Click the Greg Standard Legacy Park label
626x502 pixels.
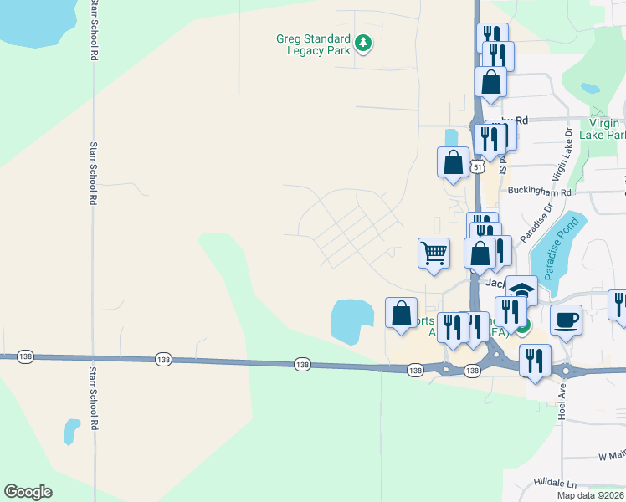pyautogui.click(x=315, y=45)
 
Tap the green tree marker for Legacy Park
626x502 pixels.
pyautogui.click(x=363, y=42)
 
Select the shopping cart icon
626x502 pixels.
pyautogui.click(x=434, y=252)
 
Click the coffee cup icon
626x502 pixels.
pyautogui.click(x=566, y=320)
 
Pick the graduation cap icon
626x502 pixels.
pyautogui.click(x=521, y=291)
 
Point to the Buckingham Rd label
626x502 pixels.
pyautogui.click(x=539, y=192)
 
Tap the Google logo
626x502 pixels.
pyautogui.click(x=28, y=492)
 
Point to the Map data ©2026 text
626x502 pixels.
pyautogui.click(x=590, y=495)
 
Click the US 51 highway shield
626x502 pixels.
pyautogui.click(x=475, y=166)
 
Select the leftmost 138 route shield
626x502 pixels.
pyautogui.click(x=162, y=360)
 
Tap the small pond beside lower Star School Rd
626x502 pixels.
pyautogui.click(x=71, y=432)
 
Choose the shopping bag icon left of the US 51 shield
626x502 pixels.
pyautogui.click(x=453, y=161)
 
